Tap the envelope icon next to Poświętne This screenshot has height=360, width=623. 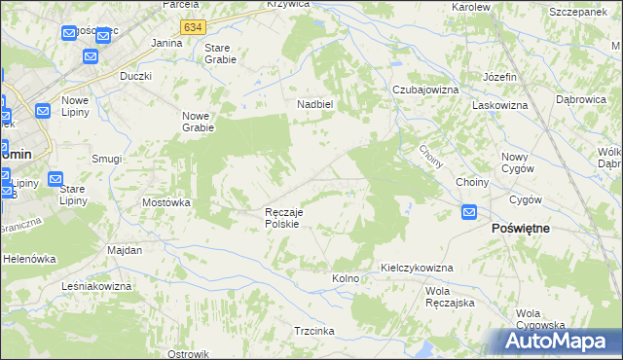tap(469, 211)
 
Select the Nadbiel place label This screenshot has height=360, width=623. tap(315, 105)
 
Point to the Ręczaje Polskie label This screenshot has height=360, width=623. tap(287, 217)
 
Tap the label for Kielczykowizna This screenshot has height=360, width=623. tap(416, 267)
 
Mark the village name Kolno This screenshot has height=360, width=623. tap(346, 278)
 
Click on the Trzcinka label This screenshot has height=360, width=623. tap(314, 331)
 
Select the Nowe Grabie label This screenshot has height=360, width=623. tap(198, 122)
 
